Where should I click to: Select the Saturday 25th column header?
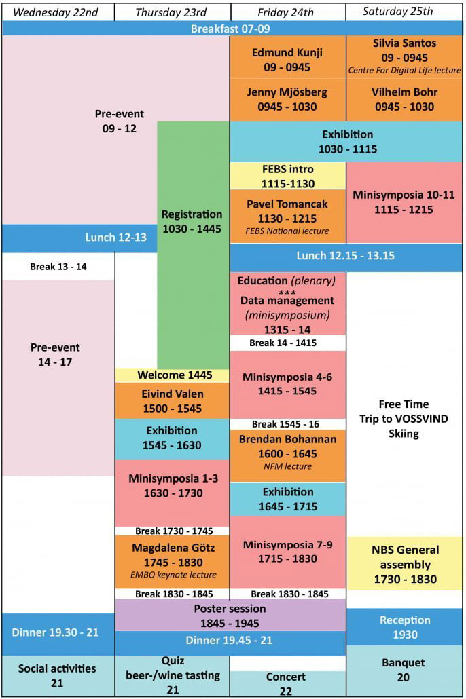397,11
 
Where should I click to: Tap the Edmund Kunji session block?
287,60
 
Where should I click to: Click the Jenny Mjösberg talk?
287,99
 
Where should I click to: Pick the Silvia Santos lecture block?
404,56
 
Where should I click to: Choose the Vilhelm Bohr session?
404,99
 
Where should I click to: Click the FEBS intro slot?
287,175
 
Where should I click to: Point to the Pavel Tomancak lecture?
287,215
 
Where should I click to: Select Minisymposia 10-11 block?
404,202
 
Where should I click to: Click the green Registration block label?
192,222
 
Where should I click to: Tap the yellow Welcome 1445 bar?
175,375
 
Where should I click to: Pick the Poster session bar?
230,616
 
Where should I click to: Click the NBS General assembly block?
406,564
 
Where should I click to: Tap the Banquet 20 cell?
406,669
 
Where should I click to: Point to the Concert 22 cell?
287,683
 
